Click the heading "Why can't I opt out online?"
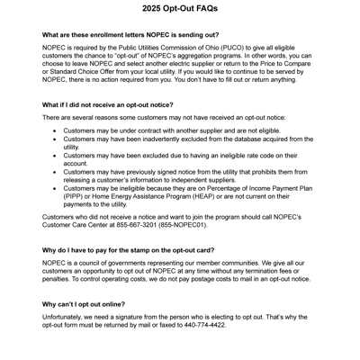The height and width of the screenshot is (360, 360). point(89,306)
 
